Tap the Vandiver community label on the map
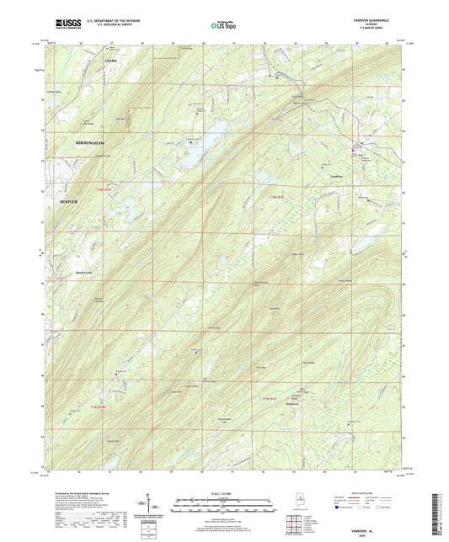point(335,175)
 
